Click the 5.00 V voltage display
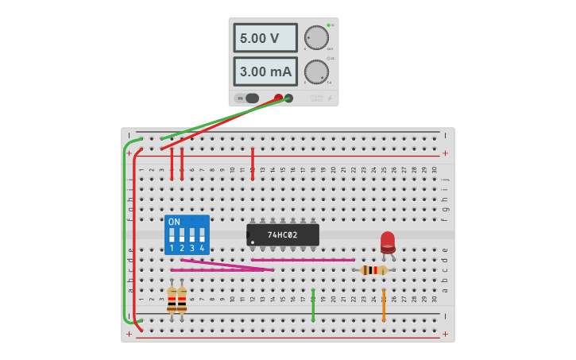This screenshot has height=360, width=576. click(x=265, y=37)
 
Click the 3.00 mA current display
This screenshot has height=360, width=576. click(x=265, y=72)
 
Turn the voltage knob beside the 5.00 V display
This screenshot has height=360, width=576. click(x=316, y=37)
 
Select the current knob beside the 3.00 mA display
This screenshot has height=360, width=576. click(x=316, y=72)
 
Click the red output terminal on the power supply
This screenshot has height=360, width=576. click(x=278, y=99)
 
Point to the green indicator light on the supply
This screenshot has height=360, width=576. click(x=328, y=25)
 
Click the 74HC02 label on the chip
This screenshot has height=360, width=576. click(x=283, y=235)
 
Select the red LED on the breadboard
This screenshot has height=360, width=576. click(x=388, y=241)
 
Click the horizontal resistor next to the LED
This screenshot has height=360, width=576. click(x=373, y=270)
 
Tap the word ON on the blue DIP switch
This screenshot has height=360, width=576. click(x=174, y=222)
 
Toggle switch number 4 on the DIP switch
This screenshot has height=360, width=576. click(x=202, y=235)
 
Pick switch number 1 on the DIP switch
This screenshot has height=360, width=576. click(x=172, y=235)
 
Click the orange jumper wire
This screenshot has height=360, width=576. click(x=384, y=305)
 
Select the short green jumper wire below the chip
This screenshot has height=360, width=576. click(x=313, y=305)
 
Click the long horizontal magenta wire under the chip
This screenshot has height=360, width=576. click(x=303, y=260)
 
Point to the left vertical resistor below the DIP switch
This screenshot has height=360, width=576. click(x=172, y=299)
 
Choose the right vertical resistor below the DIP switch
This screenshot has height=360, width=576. click(x=182, y=299)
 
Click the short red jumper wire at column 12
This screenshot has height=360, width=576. click(x=253, y=164)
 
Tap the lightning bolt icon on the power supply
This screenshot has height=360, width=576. click(x=330, y=99)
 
